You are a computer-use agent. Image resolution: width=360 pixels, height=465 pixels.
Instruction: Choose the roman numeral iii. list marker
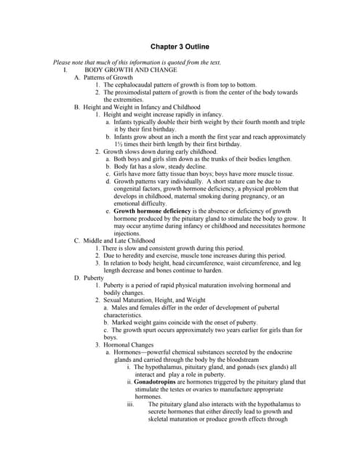pyautogui.click(x=131, y=404)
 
